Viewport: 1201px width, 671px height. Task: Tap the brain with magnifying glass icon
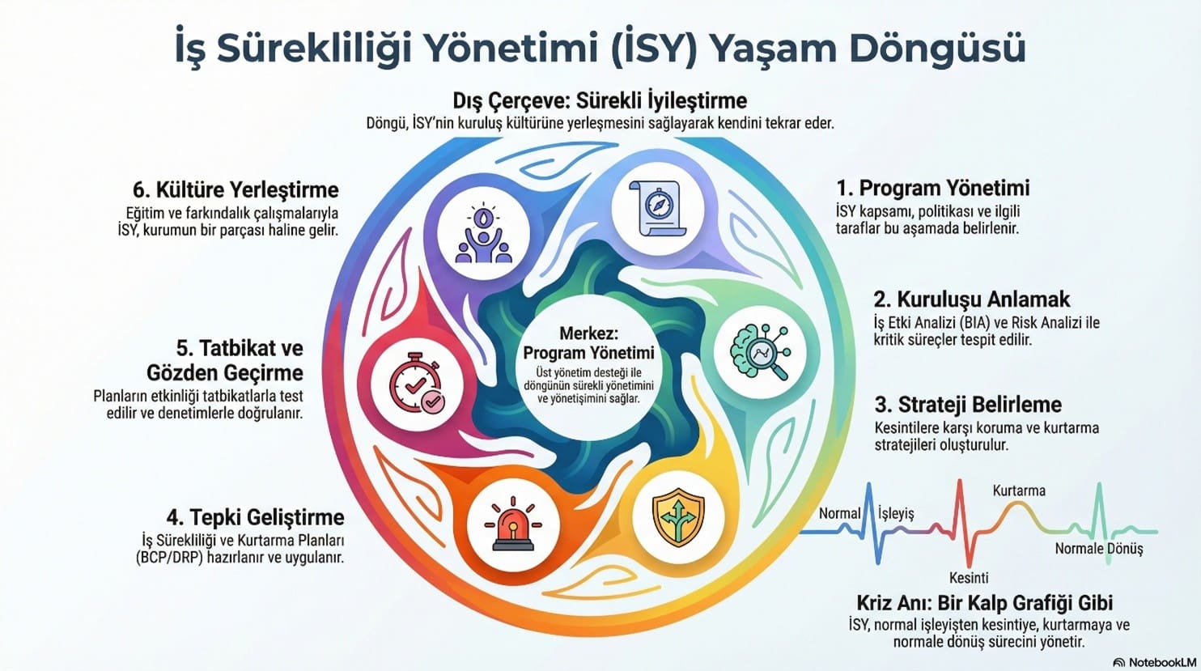759,353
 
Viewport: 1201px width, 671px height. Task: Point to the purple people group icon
483,234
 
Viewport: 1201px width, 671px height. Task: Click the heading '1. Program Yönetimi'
932,189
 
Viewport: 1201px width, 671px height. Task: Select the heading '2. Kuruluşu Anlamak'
971,299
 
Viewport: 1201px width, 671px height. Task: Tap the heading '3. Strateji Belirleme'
968,405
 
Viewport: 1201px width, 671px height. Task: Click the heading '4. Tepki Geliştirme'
255,517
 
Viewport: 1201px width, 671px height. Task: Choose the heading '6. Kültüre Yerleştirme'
236,190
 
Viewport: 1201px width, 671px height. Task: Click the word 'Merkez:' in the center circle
588,333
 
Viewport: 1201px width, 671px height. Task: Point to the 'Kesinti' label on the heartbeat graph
969,578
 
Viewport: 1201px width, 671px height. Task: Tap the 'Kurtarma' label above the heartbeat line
1019,491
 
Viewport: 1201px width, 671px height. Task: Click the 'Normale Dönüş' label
1099,549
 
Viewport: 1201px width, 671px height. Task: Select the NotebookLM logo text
1160,660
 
